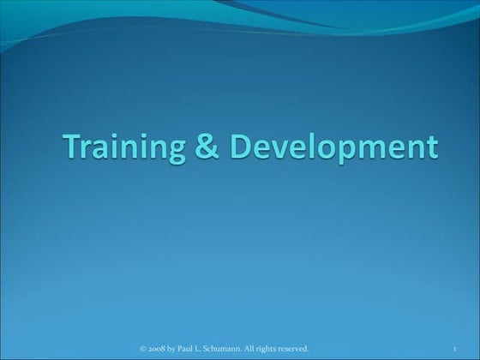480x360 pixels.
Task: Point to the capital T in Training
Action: pyautogui.click(x=72, y=147)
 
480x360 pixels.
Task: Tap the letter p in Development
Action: pyautogui.click(x=351, y=151)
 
